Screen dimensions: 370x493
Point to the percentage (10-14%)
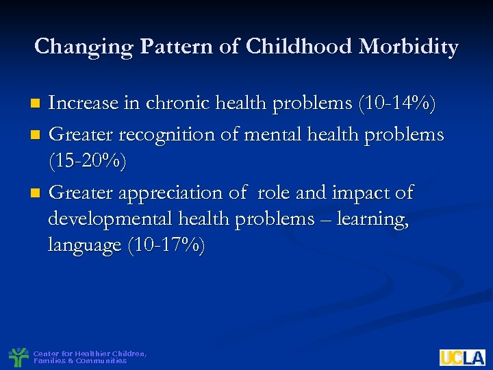(x=396, y=103)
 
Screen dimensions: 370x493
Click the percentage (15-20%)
(x=87, y=162)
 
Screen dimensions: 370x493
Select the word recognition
(x=158, y=134)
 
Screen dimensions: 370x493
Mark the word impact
(x=357, y=194)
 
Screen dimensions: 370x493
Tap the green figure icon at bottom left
(x=18, y=356)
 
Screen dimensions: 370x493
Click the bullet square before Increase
(x=38, y=105)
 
